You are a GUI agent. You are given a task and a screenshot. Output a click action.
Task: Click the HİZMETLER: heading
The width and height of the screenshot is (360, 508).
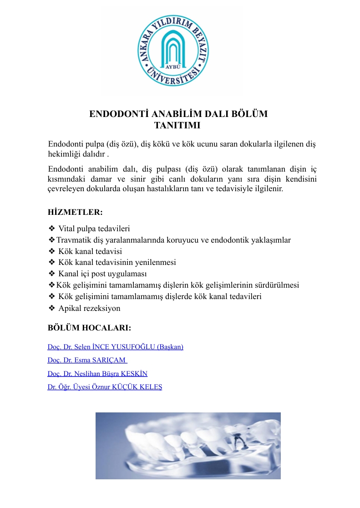coord(75,212)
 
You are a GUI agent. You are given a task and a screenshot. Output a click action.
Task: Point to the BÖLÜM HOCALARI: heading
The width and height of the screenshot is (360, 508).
coord(90,328)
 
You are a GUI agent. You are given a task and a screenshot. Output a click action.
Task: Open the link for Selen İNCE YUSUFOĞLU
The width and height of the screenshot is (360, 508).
coord(115,347)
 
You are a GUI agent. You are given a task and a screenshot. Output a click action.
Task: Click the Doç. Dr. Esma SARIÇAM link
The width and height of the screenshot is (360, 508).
coord(87,361)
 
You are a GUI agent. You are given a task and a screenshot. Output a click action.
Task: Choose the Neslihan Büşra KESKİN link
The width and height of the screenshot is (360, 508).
coord(97,374)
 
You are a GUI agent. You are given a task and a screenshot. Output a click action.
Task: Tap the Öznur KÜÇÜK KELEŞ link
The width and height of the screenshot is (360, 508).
coord(105,387)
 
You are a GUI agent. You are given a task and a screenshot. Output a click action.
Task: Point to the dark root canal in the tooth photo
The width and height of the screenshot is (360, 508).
coord(236,440)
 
